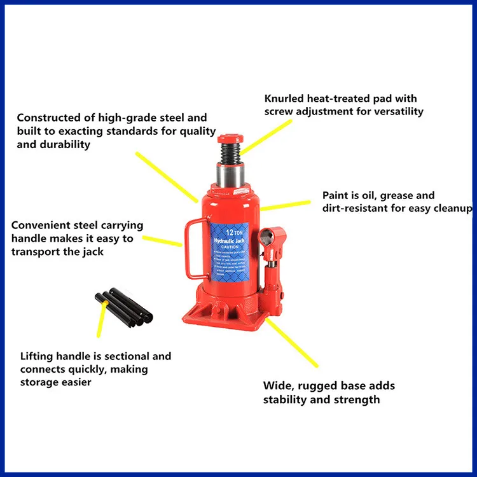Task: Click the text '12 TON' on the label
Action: tap(233, 233)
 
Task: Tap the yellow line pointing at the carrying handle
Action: tap(162, 240)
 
